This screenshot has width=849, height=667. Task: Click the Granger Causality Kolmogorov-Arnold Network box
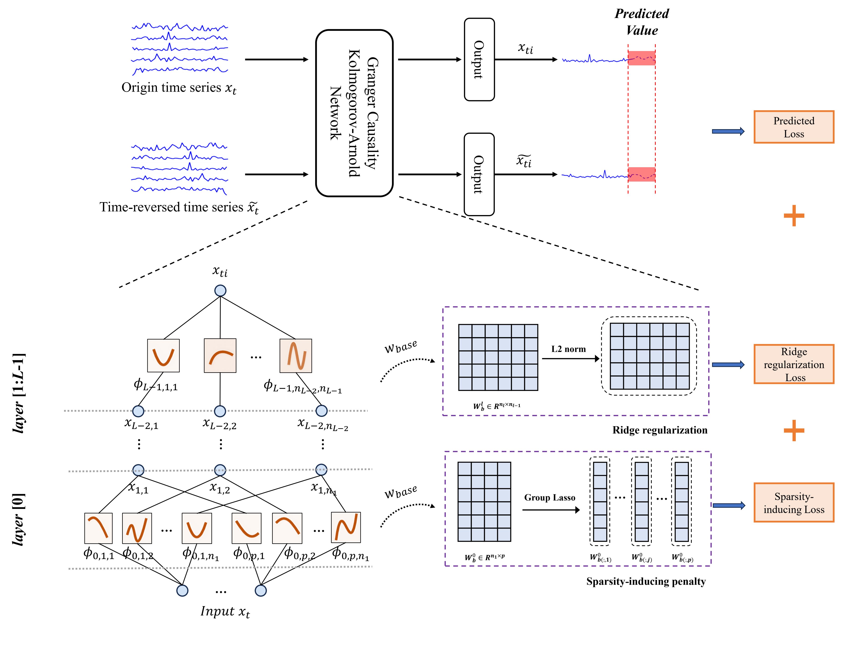click(x=354, y=113)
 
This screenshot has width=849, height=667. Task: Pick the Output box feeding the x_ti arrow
click(x=479, y=59)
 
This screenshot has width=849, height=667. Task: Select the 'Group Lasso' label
click(x=549, y=498)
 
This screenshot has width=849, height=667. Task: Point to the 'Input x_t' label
click(x=225, y=612)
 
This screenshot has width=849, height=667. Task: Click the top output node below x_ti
click(x=220, y=290)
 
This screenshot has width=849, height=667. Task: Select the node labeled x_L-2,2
click(x=220, y=411)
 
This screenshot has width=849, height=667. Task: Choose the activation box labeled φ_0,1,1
click(x=98, y=528)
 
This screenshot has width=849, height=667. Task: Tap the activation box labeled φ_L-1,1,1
click(x=163, y=355)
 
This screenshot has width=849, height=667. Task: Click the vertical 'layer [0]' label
click(x=19, y=519)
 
